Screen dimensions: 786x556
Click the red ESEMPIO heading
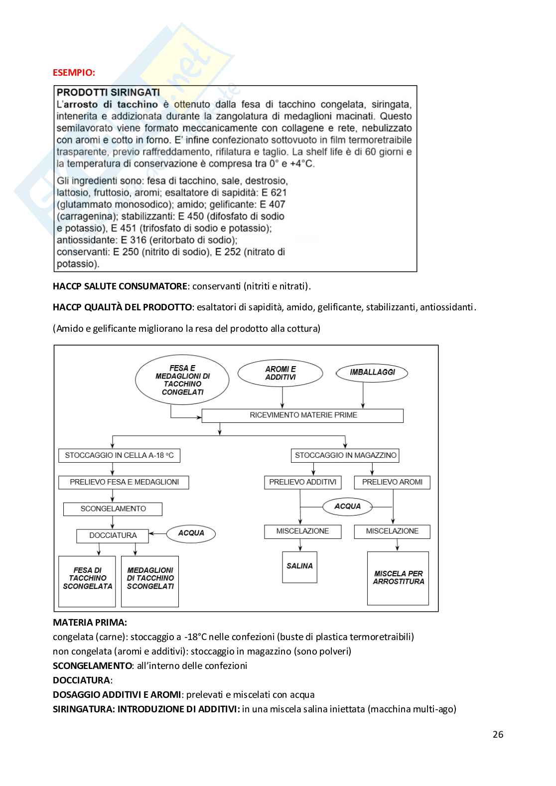(74, 72)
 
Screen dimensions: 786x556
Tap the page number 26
(498, 734)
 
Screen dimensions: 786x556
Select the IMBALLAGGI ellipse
(372, 373)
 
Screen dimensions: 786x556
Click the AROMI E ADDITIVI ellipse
(280, 373)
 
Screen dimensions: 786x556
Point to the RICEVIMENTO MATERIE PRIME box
(302, 415)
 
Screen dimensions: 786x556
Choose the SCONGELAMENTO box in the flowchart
(113, 509)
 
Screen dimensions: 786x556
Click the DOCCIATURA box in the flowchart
(113, 535)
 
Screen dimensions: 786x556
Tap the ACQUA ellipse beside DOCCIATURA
(191, 533)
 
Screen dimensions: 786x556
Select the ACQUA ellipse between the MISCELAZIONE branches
(347, 507)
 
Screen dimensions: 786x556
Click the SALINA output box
(299, 567)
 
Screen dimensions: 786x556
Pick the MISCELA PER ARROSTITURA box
(398, 578)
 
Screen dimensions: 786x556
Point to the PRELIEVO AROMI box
(392, 482)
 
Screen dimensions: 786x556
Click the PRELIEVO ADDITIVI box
(302, 482)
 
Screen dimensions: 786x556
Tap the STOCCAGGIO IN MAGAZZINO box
(345, 455)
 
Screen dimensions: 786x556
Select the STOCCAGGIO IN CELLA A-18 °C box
(119, 455)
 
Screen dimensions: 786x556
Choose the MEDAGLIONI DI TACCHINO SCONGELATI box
(150, 581)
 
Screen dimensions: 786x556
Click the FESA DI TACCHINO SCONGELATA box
(87, 581)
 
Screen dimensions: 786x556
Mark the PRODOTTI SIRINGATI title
(108, 92)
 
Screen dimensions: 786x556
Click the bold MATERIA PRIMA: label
(90, 622)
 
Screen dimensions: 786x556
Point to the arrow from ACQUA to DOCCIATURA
(157, 533)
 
